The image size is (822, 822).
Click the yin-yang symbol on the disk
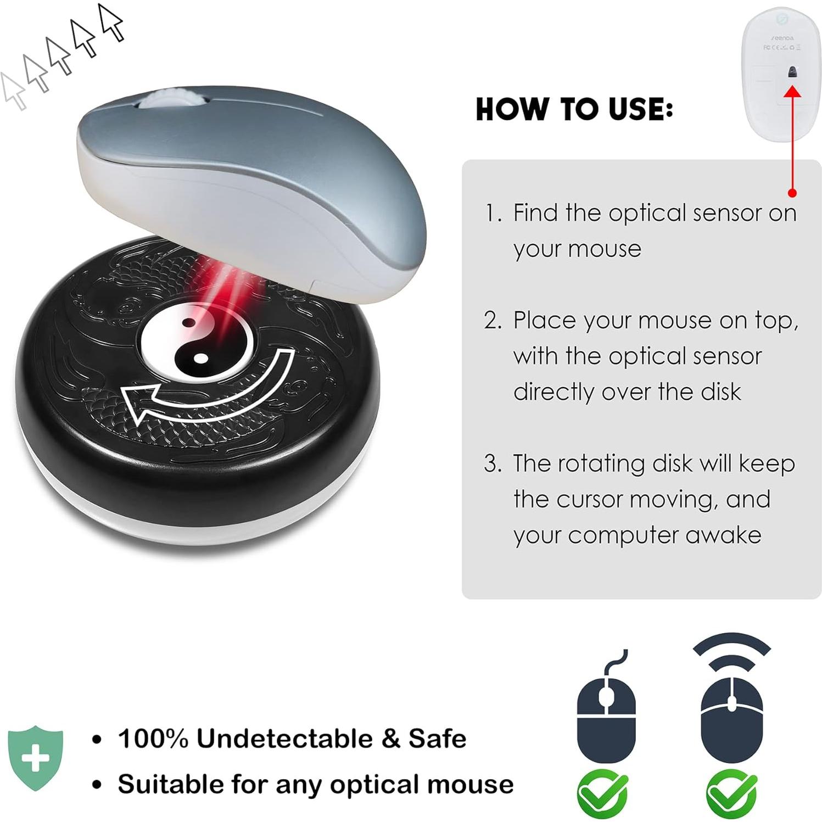coord(197,343)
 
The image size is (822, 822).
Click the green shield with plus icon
coord(36,757)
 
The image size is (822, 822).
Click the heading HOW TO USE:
coord(574,109)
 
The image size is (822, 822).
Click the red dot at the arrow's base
coord(792,193)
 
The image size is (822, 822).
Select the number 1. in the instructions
coord(493,213)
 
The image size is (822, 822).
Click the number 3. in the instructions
coord(493,464)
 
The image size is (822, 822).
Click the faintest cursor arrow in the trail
coord(13,91)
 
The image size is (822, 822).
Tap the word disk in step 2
coord(720,392)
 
